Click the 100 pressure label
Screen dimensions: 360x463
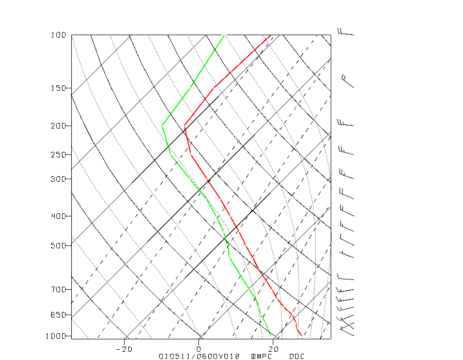[58, 35]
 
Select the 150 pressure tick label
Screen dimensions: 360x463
[58, 88]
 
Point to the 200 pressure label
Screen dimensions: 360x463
[58, 126]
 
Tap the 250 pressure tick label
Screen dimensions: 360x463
[58, 155]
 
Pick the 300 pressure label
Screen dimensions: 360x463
[58, 179]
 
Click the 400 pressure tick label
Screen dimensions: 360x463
[58, 216]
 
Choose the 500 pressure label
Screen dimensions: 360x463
[58, 245]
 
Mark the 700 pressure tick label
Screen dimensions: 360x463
[58, 289]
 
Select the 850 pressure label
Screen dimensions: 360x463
[58, 315]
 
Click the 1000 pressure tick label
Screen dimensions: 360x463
[57, 336]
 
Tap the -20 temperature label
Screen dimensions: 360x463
[125, 349]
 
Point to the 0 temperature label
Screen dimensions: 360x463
[199, 349]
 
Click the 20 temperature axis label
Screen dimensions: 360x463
[274, 349]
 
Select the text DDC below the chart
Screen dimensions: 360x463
[297, 356]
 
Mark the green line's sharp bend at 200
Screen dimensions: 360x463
[163, 124]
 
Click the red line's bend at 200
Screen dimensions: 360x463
[184, 125]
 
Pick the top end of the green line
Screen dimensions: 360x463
[224, 35]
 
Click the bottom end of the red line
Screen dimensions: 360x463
[301, 336]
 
